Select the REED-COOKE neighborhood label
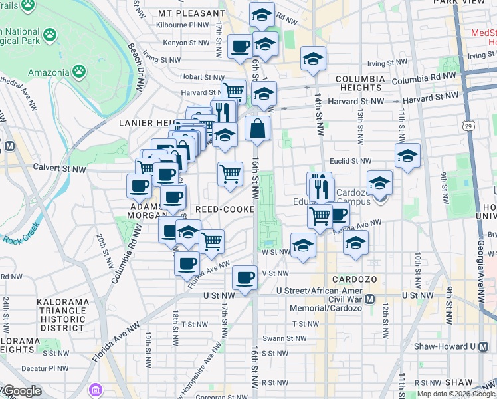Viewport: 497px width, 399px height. [x=225, y=209]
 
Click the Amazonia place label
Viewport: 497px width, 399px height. [x=47, y=72]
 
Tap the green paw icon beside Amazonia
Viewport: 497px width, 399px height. [x=80, y=70]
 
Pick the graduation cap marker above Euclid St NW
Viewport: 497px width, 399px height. [x=407, y=156]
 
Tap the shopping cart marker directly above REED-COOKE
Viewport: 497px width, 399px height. [x=230, y=174]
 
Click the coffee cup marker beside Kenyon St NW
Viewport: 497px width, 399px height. [x=240, y=47]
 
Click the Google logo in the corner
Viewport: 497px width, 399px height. [x=22, y=392]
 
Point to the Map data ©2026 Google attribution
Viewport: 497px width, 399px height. [x=454, y=394]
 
